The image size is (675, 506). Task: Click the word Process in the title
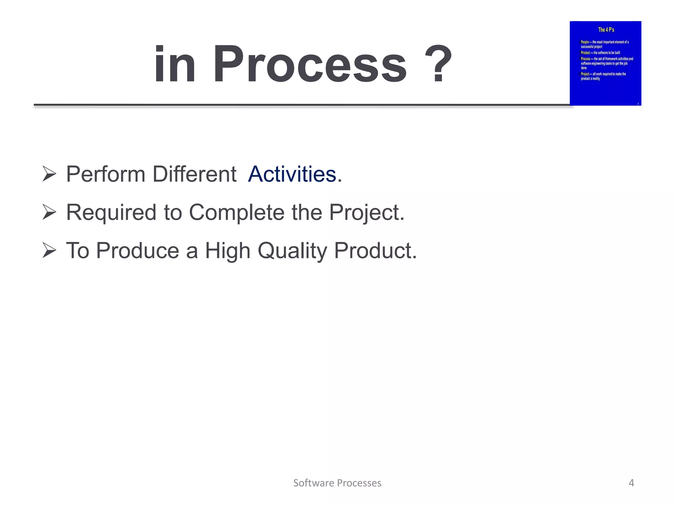point(310,64)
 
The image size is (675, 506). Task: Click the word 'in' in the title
point(175,64)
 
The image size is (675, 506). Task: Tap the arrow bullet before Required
point(49,212)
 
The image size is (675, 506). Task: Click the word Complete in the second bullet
point(237,212)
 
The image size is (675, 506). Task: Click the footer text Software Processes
point(337,483)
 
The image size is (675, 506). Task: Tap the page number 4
point(631,483)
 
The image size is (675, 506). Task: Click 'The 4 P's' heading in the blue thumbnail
point(606,30)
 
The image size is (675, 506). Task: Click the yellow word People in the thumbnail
point(585,42)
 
